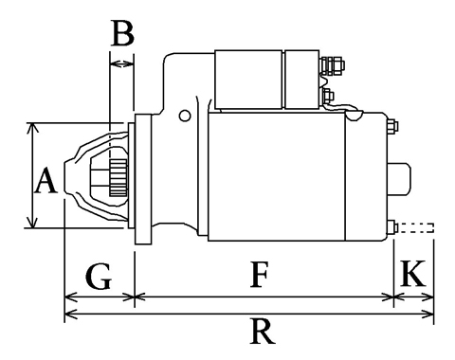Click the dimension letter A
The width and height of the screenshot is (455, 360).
click(46, 180)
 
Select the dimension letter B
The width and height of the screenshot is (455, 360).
click(122, 33)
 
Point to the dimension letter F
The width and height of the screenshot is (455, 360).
click(260, 274)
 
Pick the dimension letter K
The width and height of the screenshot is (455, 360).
click(413, 273)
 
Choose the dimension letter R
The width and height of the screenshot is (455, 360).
click(263, 332)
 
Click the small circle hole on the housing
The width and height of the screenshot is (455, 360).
click(185, 116)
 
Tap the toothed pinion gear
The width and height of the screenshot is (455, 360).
click(118, 177)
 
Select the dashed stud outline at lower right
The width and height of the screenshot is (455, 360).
click(416, 228)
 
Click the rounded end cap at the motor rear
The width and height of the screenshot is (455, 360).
click(400, 179)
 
